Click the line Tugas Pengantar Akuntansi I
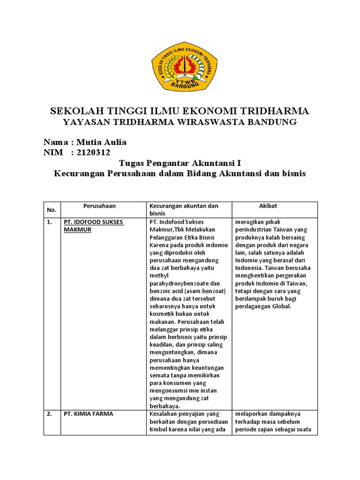coord(180,163)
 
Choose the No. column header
coord(52,210)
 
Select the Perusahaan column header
coord(99,206)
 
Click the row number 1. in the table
coord(49,222)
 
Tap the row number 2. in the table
coord(49,414)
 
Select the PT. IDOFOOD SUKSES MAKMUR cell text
coord(94,225)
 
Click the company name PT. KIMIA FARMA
coord(89,414)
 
